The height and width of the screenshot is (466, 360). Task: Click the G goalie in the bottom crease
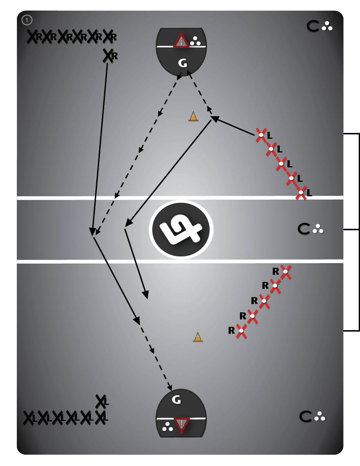click(176, 400)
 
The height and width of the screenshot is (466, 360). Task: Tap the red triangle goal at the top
click(181, 41)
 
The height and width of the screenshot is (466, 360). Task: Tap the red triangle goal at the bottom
click(181, 425)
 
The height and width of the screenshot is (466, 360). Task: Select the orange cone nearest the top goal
click(193, 116)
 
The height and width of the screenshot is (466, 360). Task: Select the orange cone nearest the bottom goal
click(198, 337)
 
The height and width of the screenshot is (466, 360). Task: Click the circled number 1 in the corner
click(27, 20)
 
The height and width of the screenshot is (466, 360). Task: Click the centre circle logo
click(181, 229)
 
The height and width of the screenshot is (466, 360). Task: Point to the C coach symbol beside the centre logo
click(304, 229)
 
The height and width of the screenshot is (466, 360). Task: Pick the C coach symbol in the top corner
click(313, 27)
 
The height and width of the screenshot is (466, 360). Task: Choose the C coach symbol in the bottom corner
click(306, 417)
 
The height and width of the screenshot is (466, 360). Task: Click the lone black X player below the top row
click(108, 56)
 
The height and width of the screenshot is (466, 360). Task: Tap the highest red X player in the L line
click(261, 135)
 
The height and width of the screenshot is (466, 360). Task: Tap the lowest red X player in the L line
click(301, 193)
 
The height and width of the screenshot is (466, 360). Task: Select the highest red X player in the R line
click(286, 271)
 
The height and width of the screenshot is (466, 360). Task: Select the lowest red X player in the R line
click(241, 331)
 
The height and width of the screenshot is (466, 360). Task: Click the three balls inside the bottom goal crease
click(168, 427)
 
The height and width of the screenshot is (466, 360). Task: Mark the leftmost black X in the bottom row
click(29, 418)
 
